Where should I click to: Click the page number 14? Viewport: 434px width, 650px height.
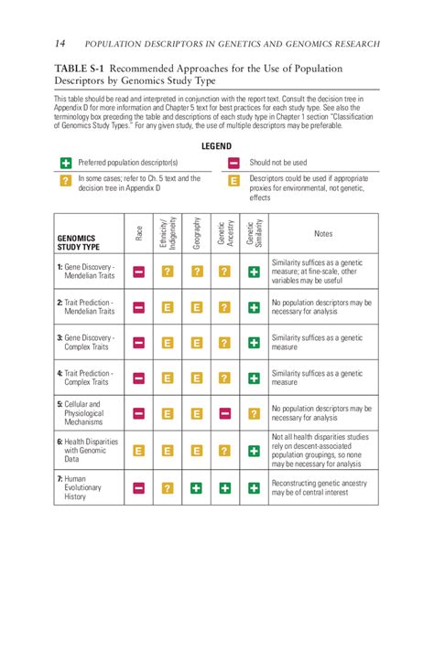click(x=60, y=43)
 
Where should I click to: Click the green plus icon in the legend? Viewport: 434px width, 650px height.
click(x=65, y=163)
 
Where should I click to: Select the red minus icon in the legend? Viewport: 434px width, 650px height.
click(x=233, y=163)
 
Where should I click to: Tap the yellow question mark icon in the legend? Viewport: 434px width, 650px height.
click(x=65, y=181)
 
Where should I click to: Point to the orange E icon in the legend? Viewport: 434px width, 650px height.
click(x=233, y=181)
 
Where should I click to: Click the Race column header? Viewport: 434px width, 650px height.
click(x=139, y=234)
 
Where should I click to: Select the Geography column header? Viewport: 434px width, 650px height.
click(x=196, y=232)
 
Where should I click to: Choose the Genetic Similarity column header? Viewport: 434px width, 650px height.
click(x=254, y=232)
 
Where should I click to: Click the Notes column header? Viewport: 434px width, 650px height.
click(x=323, y=234)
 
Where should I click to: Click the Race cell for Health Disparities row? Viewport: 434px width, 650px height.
click(x=139, y=451)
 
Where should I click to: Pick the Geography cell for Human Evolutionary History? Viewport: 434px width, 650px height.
click(x=196, y=488)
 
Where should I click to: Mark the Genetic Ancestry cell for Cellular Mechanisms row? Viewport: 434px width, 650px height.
click(x=225, y=414)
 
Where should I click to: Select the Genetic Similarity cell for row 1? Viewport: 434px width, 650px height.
click(x=254, y=272)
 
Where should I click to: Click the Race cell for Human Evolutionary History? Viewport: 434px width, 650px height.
click(x=139, y=488)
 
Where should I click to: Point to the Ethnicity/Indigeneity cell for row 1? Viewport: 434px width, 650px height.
click(x=168, y=272)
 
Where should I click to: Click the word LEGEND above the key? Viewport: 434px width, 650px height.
click(x=216, y=146)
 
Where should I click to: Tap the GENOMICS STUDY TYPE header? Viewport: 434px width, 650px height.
click(x=79, y=242)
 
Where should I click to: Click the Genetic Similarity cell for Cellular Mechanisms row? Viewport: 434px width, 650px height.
click(x=254, y=414)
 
